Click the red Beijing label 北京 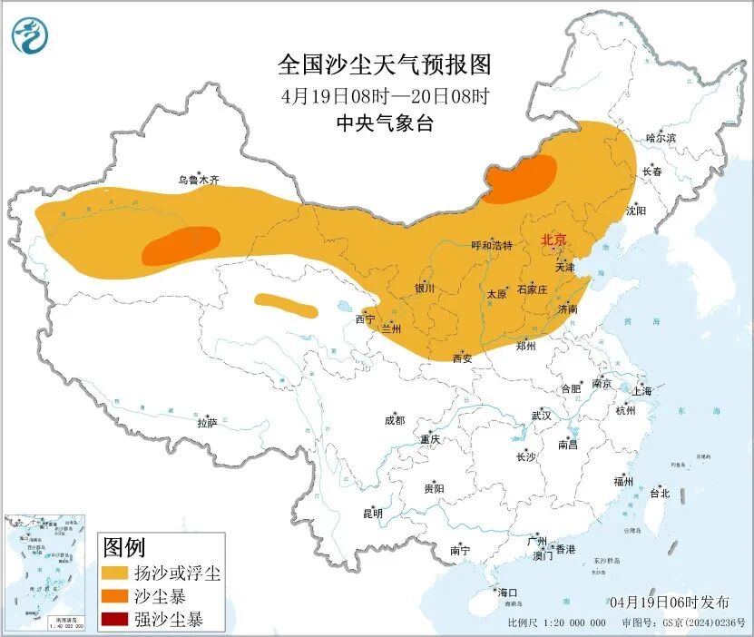(x=553, y=240)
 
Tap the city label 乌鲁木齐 (x=199, y=181)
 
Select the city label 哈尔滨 (x=661, y=138)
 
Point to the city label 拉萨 (x=207, y=422)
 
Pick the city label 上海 (x=642, y=391)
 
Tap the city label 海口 (x=507, y=593)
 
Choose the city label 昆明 (x=373, y=513)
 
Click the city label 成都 (x=395, y=420)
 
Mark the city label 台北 (x=659, y=494)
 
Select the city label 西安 (x=463, y=358)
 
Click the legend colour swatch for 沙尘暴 (x=115, y=597)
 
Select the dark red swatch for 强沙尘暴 (x=115, y=621)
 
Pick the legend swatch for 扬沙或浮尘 (x=115, y=573)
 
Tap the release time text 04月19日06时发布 (x=669, y=603)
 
